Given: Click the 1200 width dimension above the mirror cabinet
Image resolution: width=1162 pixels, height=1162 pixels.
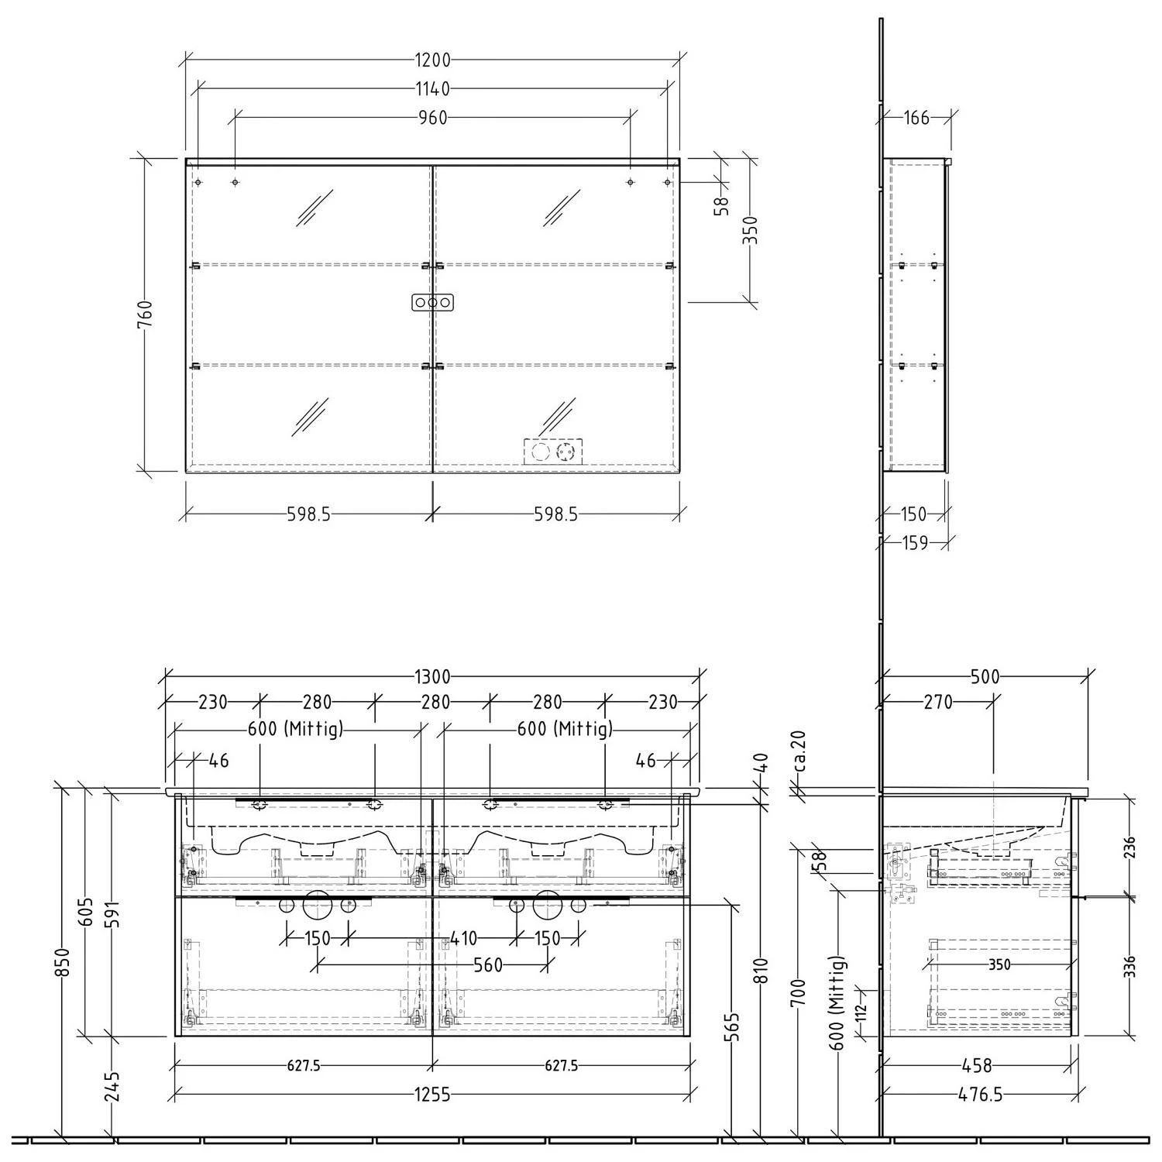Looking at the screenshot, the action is pos(432,60).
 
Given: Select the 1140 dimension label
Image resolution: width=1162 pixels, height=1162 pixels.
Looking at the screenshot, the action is pos(432,89).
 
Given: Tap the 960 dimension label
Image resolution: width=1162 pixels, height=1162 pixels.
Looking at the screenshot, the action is pos(432,118).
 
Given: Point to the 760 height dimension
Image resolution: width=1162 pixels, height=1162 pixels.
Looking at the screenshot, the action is pos(145,315).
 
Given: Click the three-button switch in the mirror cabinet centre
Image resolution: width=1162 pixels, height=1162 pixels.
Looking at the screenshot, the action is pos(431,302).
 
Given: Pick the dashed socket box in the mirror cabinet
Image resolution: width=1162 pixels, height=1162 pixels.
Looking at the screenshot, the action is pos(553,451).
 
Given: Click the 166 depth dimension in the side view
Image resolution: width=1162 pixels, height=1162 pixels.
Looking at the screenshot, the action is pos(916,118).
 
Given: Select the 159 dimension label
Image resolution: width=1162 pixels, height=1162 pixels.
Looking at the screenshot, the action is pos(915,543).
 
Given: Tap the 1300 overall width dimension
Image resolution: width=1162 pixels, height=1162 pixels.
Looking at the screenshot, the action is pos(432,677).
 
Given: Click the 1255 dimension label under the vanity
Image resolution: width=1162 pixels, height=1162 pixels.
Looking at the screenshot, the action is pos(431,1095).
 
